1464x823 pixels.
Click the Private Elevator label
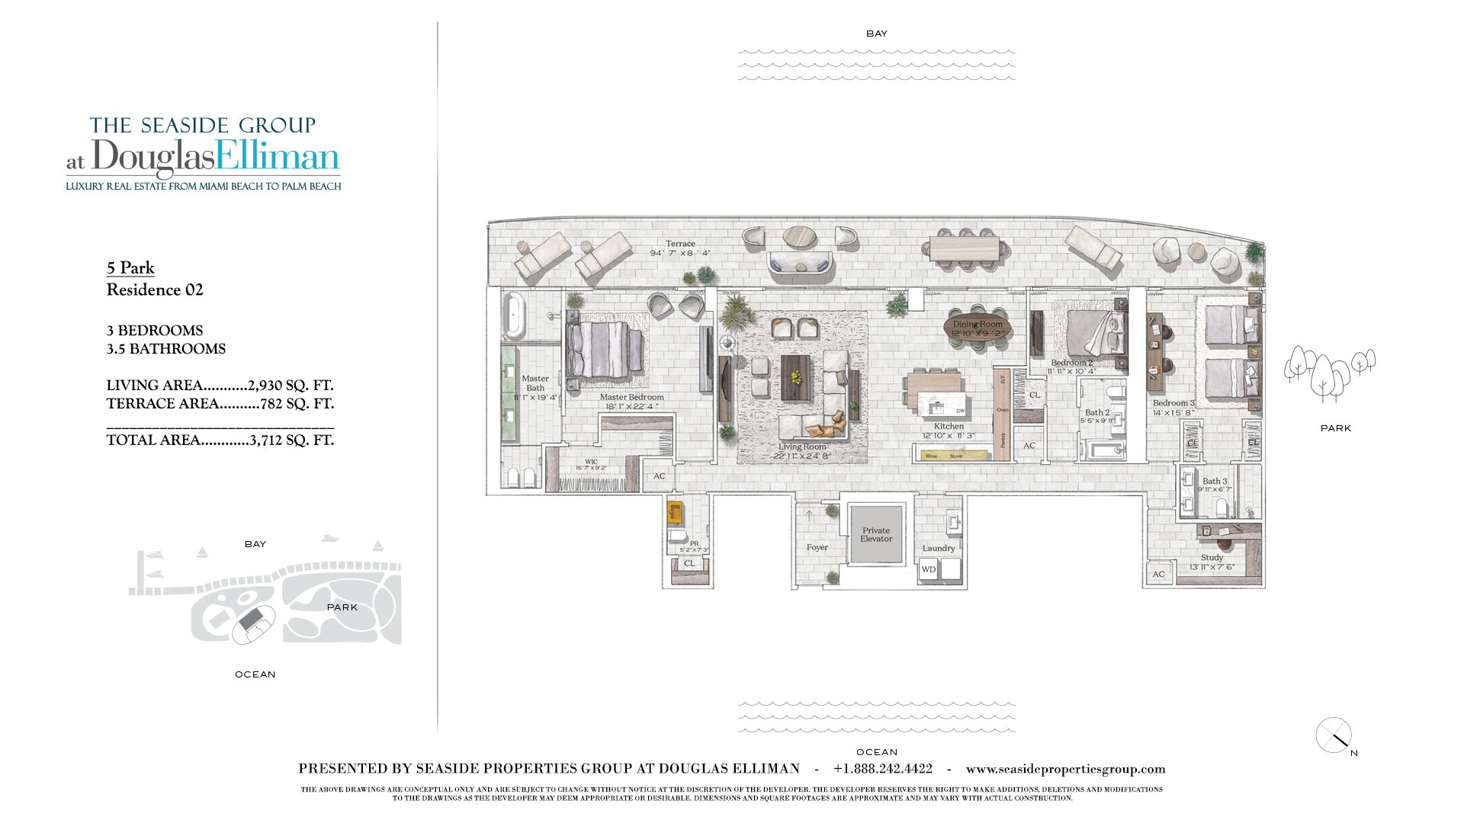tap(876, 534)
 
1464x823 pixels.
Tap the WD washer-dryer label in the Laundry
tap(928, 569)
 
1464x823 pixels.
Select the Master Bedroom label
tap(631, 397)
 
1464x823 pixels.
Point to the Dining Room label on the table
tap(978, 324)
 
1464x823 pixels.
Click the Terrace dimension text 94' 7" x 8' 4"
tap(680, 253)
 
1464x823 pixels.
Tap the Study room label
tap(1212, 558)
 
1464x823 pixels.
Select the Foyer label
tap(817, 547)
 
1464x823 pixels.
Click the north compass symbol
tap(1334, 735)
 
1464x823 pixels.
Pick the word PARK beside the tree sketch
tap(1335, 428)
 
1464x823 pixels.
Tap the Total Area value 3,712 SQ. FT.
tap(291, 440)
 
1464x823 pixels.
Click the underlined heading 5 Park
tap(130, 268)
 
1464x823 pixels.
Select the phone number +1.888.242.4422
tap(882, 769)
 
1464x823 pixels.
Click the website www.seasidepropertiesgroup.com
tap(1065, 769)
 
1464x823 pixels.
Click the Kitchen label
tap(949, 426)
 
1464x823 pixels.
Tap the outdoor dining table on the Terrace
tap(965, 248)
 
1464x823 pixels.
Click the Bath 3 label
tap(1215, 481)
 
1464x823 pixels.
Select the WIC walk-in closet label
tap(591, 462)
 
